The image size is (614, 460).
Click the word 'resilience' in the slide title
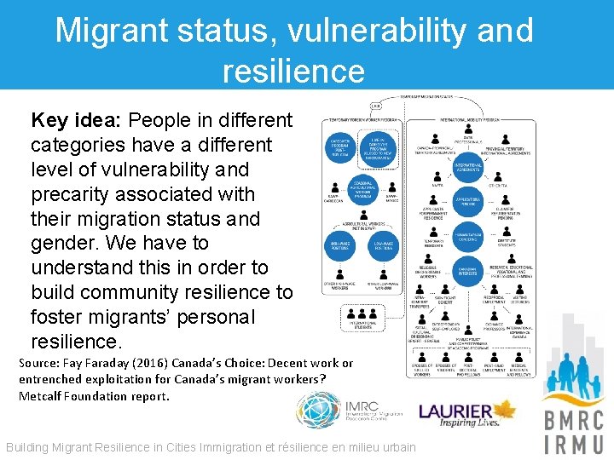(293, 71)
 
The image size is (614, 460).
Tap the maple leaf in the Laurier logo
(507, 409)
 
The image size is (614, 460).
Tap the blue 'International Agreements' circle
(468, 166)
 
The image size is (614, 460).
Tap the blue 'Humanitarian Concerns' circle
(468, 239)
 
